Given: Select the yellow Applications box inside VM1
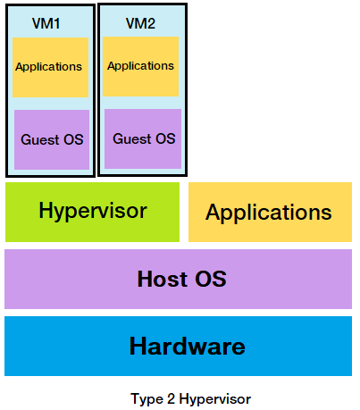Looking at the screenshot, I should tap(50, 67).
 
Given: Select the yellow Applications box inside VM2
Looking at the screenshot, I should tap(140, 66).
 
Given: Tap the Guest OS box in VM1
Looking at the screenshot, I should tap(52, 139).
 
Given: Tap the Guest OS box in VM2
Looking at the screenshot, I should tap(143, 138).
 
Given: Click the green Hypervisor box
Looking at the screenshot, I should tap(92, 212).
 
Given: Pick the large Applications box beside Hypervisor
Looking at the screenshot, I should tap(269, 213).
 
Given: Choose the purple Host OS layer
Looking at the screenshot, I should tap(179, 278).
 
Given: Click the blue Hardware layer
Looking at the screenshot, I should tap(179, 346).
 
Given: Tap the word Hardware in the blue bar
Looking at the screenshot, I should tap(187, 346).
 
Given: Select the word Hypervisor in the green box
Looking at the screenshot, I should tap(92, 211).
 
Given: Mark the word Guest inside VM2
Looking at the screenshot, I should tap(132, 139).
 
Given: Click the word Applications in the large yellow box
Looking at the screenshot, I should tap(269, 213).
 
